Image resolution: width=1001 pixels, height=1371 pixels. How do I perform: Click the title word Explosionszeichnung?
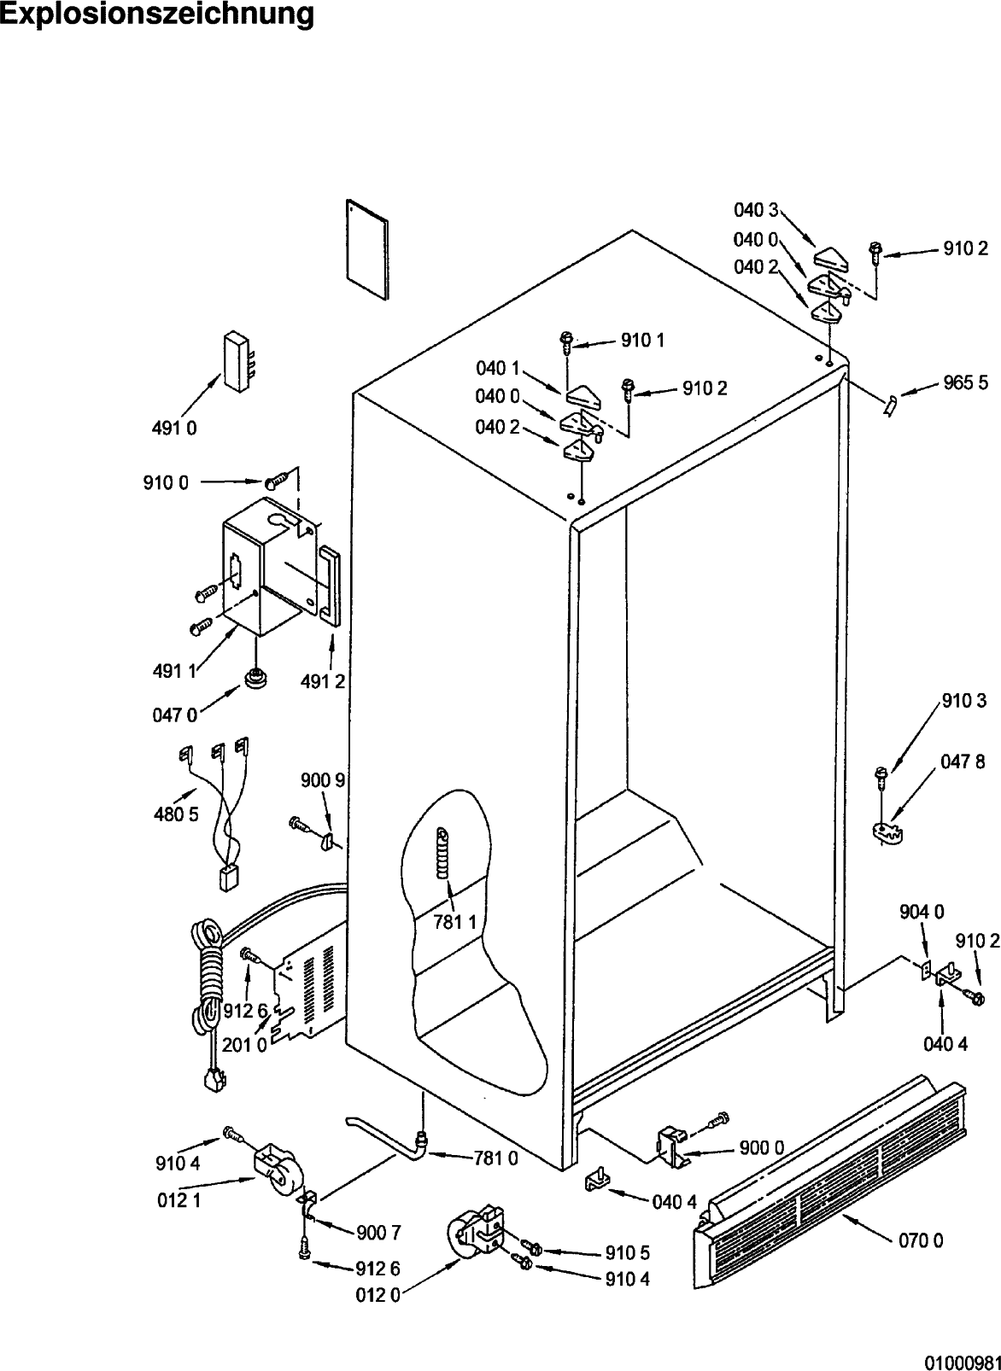click(157, 15)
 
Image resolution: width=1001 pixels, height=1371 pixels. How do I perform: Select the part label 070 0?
click(921, 1240)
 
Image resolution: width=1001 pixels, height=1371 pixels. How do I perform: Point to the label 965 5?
click(966, 382)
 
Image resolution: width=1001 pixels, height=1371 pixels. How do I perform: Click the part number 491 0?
click(174, 429)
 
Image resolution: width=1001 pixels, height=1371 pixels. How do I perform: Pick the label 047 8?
click(963, 761)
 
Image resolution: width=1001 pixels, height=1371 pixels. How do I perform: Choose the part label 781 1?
click(455, 922)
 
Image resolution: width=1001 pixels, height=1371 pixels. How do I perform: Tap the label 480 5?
click(176, 814)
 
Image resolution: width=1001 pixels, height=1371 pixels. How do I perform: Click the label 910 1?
click(643, 341)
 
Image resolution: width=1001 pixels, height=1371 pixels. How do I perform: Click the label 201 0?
click(244, 1045)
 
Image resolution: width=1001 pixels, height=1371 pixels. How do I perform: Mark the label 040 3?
click(756, 210)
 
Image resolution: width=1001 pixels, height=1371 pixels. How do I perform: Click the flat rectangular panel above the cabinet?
click(367, 249)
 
